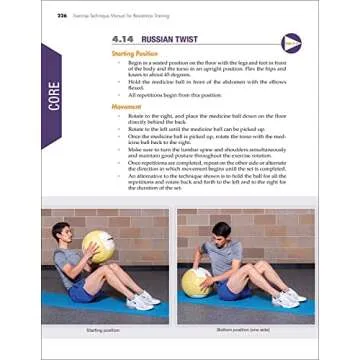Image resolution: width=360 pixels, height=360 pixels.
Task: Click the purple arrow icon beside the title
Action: pos(291,42)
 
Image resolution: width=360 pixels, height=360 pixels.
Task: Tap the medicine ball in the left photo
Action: pos(98,246)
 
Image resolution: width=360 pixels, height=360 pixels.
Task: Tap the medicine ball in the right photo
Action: pos(196,281)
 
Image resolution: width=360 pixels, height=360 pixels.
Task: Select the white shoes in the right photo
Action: pos(291,297)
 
